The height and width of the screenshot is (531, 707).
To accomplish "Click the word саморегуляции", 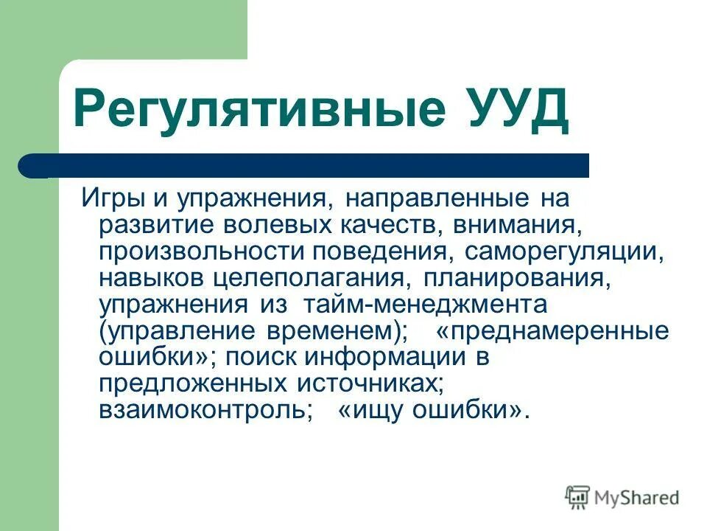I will click(564, 252).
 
